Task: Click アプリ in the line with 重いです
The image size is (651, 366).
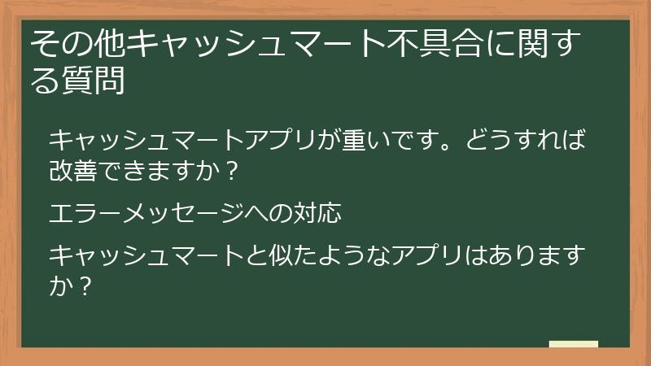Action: (x=295, y=140)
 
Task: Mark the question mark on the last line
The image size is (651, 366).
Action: (x=85, y=287)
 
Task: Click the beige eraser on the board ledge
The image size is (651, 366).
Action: (x=573, y=344)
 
